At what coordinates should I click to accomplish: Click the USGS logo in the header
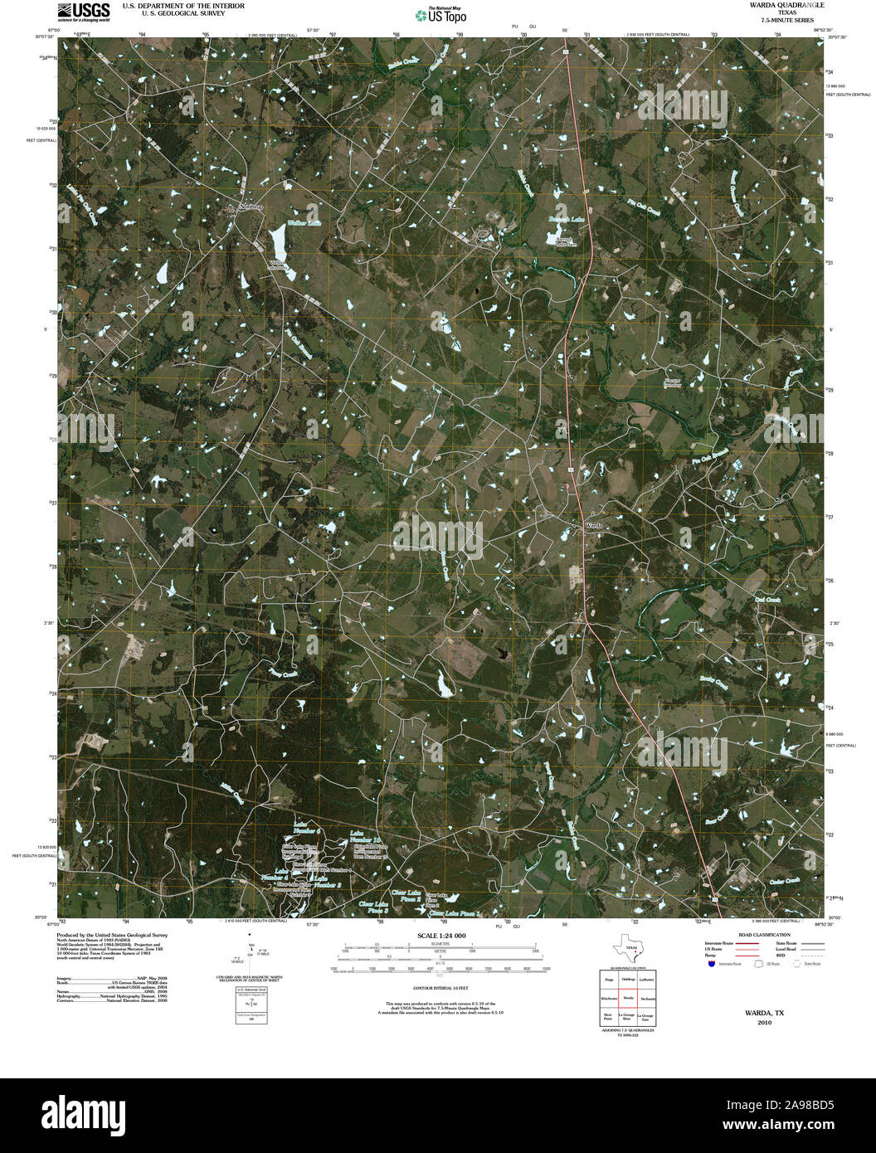pos(84,11)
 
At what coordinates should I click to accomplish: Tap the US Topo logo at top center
pos(440,14)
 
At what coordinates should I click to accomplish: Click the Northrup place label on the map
pos(251,207)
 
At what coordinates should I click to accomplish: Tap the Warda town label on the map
pos(594,526)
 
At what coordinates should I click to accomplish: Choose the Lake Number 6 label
pos(306,827)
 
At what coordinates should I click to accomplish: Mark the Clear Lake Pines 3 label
pos(373,907)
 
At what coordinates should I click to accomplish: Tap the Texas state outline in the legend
pos(627,947)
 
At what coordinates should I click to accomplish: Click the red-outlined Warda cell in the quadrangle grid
pos(628,998)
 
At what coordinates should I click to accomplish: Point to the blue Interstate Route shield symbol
pos(710,964)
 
